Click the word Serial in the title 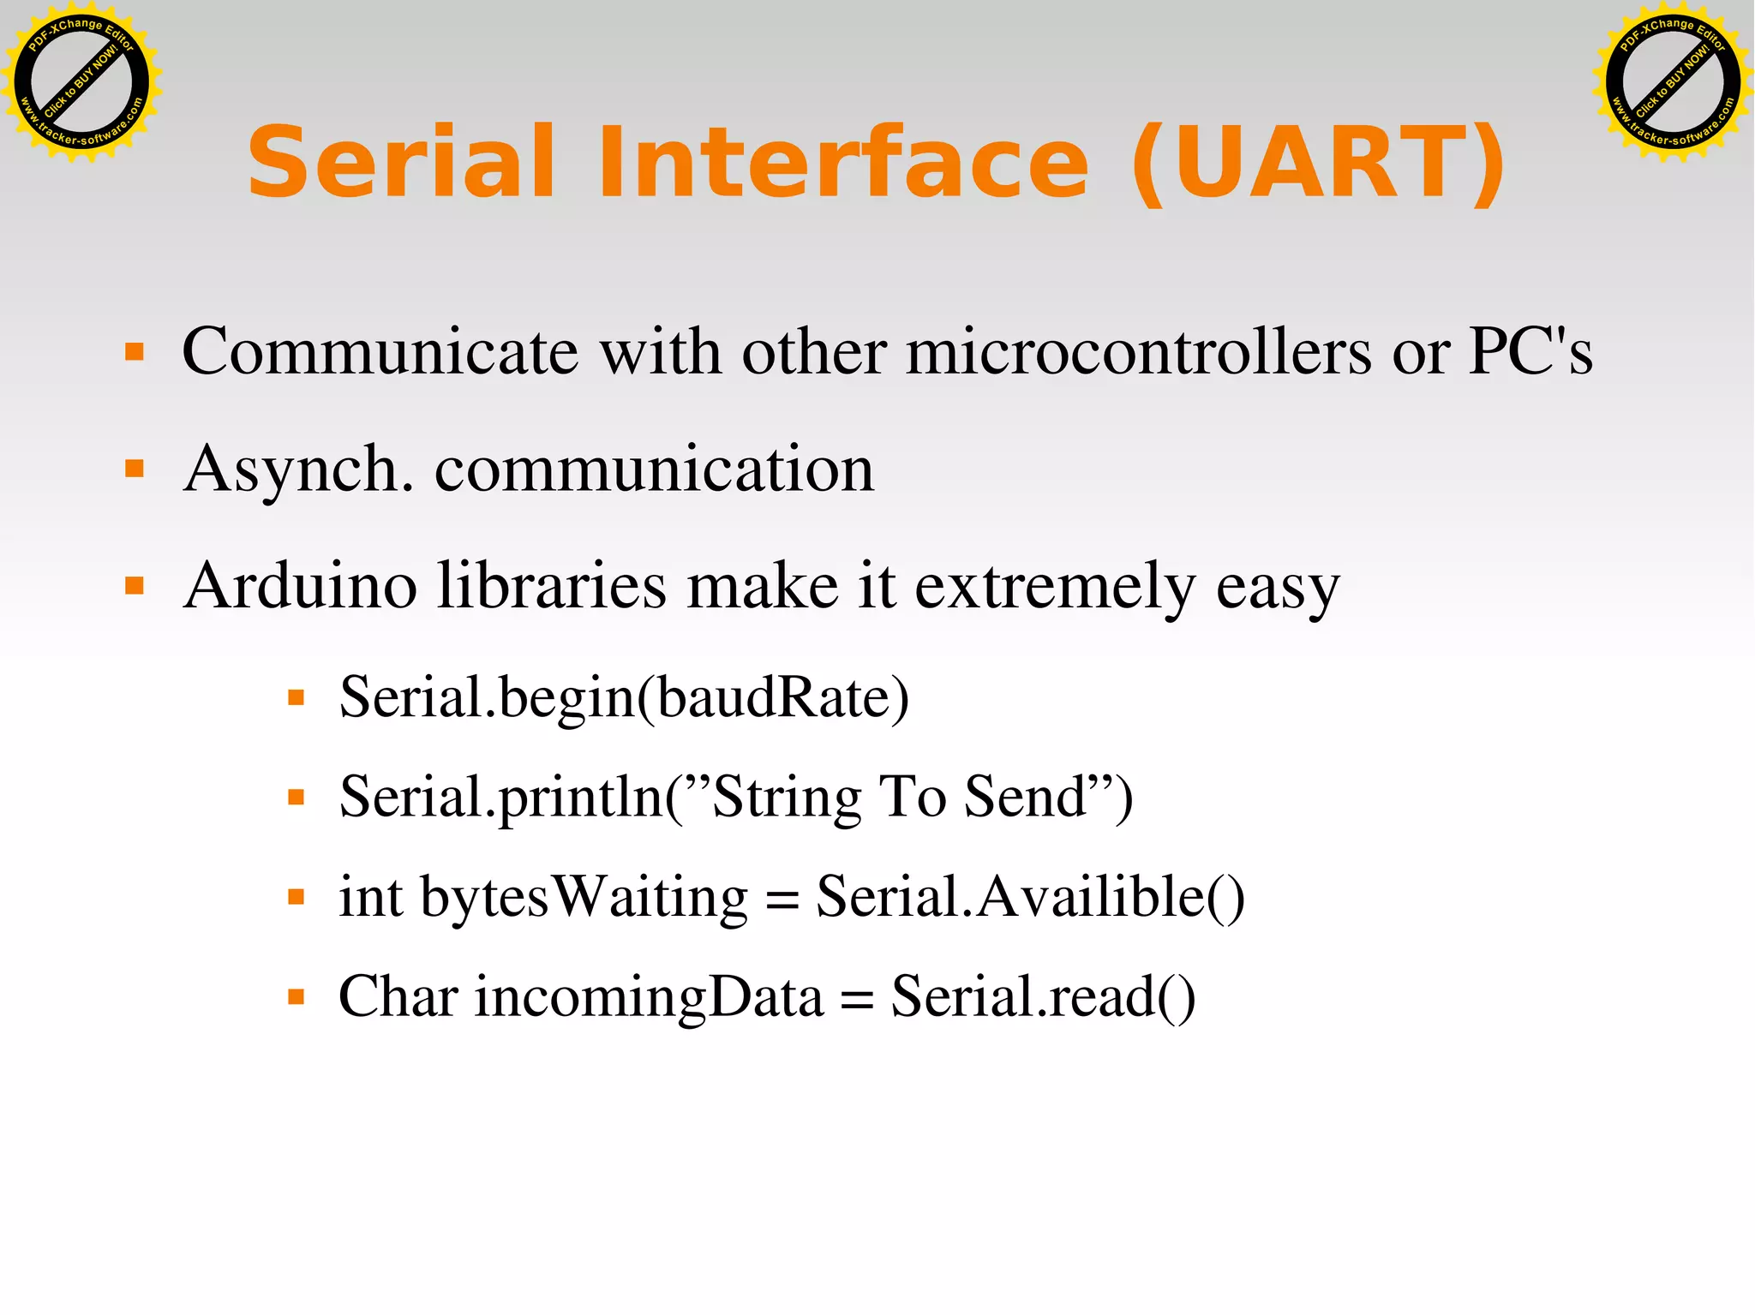point(401,163)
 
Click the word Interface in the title point(843,163)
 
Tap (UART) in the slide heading point(1318,163)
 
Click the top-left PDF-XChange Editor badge point(81,82)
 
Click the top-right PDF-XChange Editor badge point(1672,82)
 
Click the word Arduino point(301,586)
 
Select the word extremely point(1055,588)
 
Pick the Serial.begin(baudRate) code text point(624,697)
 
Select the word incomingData point(650,997)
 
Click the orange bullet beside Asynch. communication point(135,469)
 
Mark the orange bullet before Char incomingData point(296,996)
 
